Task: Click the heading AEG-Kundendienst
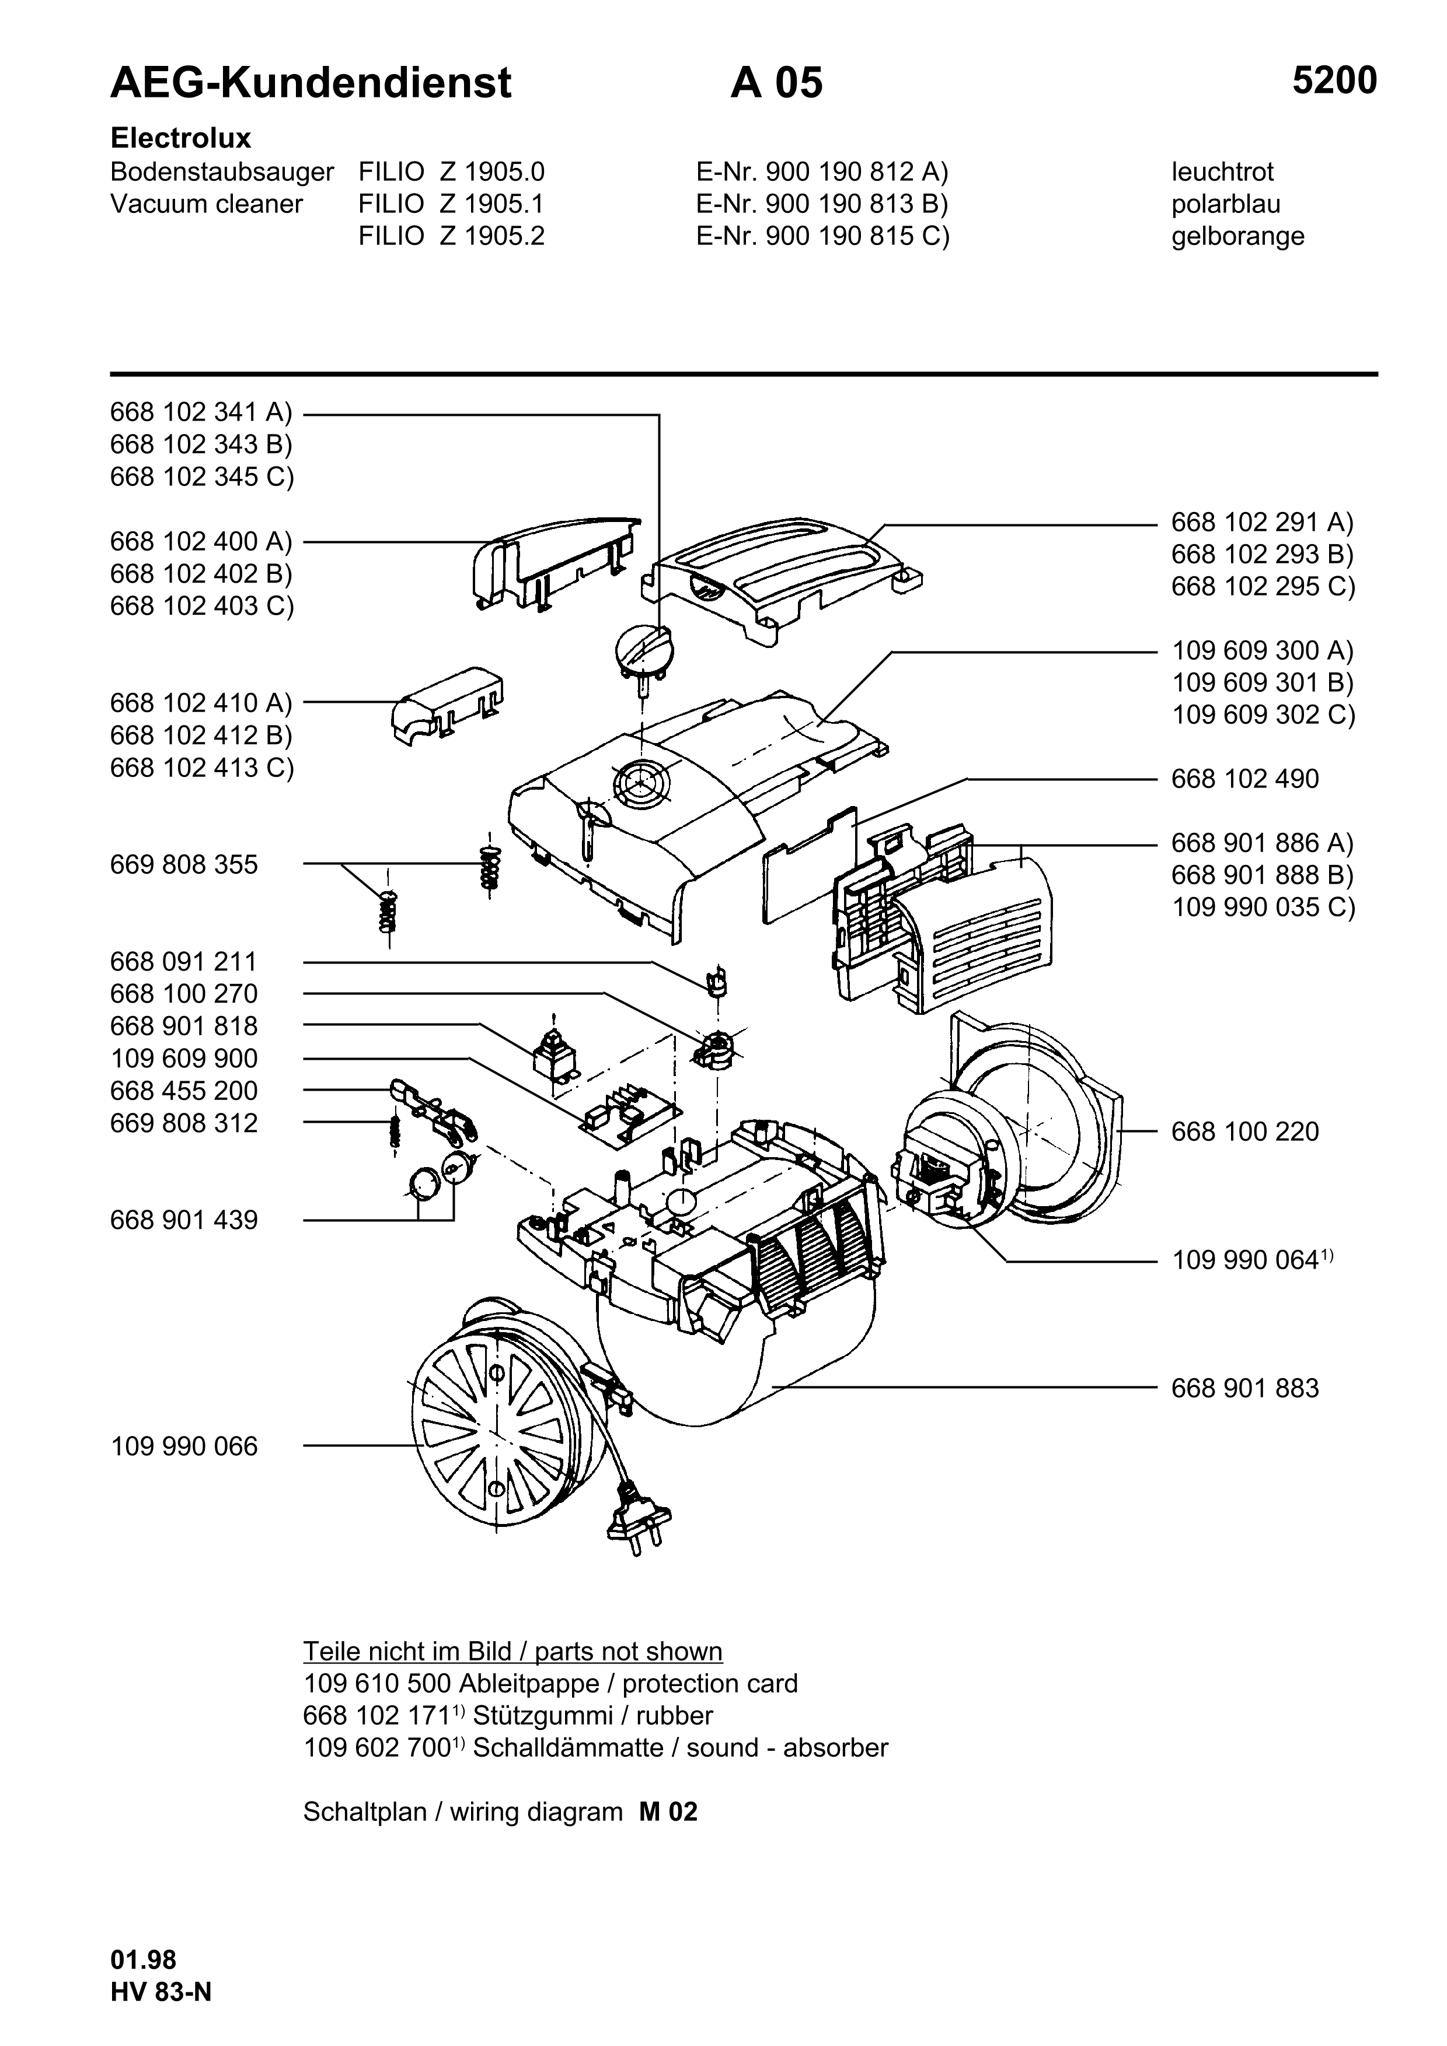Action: [x=311, y=83]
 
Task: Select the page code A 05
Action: [x=776, y=83]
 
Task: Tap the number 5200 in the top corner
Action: [x=1335, y=81]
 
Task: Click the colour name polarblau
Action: [x=1226, y=204]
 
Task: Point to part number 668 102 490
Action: [x=1244, y=779]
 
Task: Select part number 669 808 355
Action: [x=184, y=864]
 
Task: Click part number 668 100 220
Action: [x=1244, y=1131]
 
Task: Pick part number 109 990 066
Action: [x=184, y=1446]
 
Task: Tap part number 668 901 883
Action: [x=1244, y=1388]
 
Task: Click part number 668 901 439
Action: [x=184, y=1220]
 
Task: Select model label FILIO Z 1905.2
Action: [x=451, y=236]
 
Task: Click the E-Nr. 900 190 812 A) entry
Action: [x=822, y=172]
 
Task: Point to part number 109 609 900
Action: [x=184, y=1059]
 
